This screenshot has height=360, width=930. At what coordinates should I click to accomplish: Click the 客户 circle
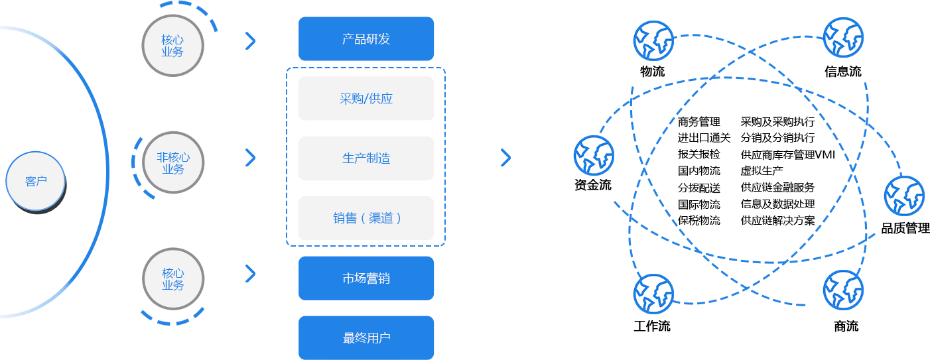(36, 181)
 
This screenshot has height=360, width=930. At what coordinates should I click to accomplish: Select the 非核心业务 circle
(172, 163)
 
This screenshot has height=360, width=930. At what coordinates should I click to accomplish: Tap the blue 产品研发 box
(366, 39)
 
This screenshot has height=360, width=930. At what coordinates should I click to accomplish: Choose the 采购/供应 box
(366, 99)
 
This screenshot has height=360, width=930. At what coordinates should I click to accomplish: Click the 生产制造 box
(366, 158)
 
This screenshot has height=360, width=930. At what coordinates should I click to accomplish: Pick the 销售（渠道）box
(366, 218)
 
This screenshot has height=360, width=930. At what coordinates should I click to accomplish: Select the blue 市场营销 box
(366, 278)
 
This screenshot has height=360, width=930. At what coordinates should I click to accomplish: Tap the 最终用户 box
(366, 338)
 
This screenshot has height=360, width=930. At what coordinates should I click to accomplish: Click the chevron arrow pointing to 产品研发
(250, 41)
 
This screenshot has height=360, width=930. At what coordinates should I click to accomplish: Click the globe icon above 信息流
(842, 38)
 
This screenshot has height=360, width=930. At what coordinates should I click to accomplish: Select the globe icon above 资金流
(593, 156)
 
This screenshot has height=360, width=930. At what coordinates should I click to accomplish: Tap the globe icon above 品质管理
(903, 196)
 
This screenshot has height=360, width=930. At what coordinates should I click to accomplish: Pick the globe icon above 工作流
(653, 294)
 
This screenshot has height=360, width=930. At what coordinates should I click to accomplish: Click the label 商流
(846, 326)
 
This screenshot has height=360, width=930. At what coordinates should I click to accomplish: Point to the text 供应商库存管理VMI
(787, 154)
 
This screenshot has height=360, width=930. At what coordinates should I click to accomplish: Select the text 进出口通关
(704, 138)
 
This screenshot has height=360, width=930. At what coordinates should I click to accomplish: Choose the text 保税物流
(698, 220)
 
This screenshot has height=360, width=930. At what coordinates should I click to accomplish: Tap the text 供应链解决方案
(777, 220)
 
